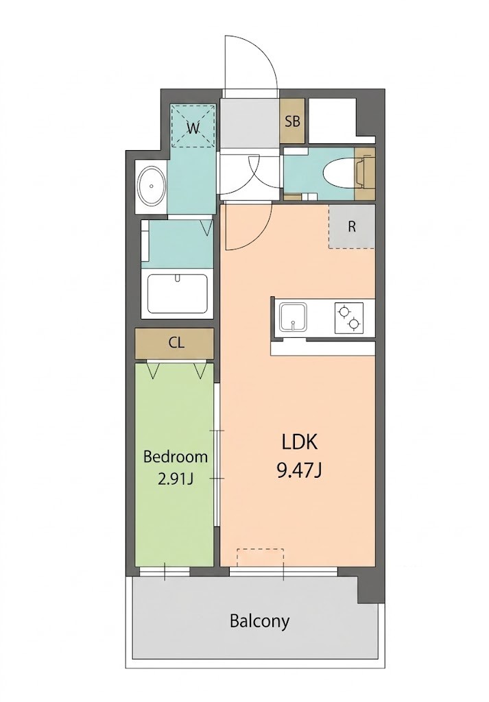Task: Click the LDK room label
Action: pyautogui.click(x=300, y=442)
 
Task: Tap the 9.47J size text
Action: pyautogui.click(x=300, y=470)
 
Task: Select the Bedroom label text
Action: pyautogui.click(x=176, y=457)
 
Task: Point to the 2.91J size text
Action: pyautogui.click(x=176, y=479)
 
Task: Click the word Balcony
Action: pyautogui.click(x=260, y=621)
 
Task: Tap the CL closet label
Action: pyautogui.click(x=176, y=343)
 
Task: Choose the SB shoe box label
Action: pyautogui.click(x=292, y=121)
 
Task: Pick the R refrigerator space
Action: pyautogui.click(x=352, y=226)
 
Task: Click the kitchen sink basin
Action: pyautogui.click(x=294, y=317)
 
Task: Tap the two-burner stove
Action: pyautogui.click(x=349, y=317)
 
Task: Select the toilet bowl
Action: pyautogui.click(x=339, y=173)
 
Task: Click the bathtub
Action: pyautogui.click(x=178, y=293)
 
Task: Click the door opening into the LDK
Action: pyautogui.click(x=249, y=226)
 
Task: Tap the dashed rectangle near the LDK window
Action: pyautogui.click(x=260, y=558)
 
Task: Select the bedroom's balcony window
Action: pyautogui.click(x=165, y=572)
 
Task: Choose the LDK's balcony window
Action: pyautogui.click(x=283, y=572)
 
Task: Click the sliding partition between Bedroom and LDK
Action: pyautogui.click(x=216, y=455)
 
